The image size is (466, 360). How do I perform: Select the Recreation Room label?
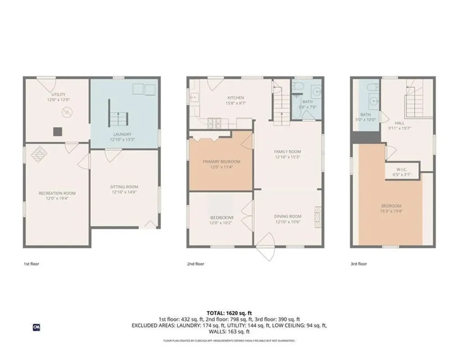point(57,196)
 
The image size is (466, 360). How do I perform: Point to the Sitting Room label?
point(124,189)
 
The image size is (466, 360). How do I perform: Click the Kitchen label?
point(236,100)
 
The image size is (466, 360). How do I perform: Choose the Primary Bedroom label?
point(221,164)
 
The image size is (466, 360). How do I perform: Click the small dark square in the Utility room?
point(57,132)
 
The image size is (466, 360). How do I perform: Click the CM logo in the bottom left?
point(36,326)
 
